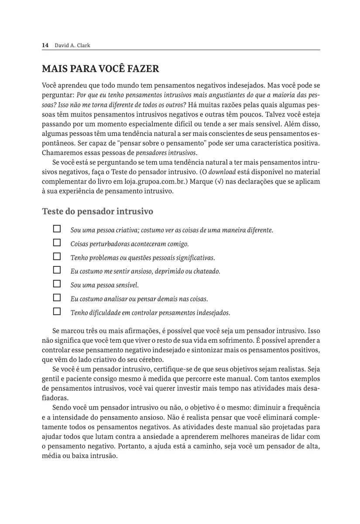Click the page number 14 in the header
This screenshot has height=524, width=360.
[45, 45]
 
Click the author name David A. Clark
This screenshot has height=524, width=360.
[72, 45]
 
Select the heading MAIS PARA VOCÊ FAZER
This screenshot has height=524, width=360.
[100, 69]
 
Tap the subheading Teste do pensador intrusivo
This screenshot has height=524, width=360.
[97, 212]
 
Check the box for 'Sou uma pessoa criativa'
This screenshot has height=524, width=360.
[57, 229]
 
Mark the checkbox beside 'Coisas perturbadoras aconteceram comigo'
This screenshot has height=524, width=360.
[57, 243]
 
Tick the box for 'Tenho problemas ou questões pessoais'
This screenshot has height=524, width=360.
[57, 256]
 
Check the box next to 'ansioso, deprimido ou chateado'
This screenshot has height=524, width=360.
[57, 270]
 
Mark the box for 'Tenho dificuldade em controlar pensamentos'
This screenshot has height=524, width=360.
[57, 312]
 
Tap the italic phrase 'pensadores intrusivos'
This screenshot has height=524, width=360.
[166, 153]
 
